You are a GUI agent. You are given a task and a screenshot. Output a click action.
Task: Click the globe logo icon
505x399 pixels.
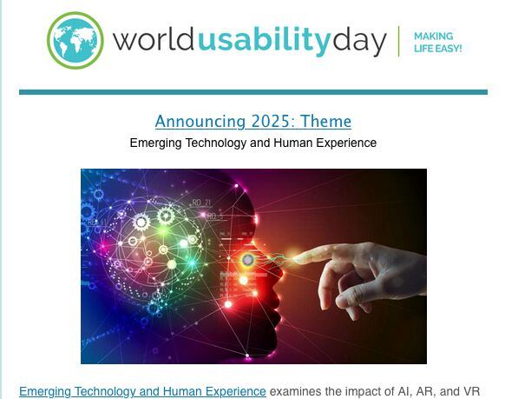(x=75, y=40)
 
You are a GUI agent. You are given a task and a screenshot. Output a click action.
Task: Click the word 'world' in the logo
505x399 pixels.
(x=154, y=40)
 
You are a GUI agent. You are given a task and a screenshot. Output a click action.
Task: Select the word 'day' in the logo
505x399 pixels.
(x=359, y=43)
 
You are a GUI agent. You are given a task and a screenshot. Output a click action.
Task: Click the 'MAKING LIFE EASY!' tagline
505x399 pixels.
(x=437, y=43)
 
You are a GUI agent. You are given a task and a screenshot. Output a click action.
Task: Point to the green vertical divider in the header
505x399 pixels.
(x=399, y=41)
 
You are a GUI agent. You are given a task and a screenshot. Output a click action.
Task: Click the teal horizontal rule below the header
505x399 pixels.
(x=253, y=92)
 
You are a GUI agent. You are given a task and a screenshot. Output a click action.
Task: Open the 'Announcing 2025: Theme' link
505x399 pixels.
(x=252, y=122)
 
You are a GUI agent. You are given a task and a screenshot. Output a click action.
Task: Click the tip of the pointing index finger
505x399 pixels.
(x=294, y=258)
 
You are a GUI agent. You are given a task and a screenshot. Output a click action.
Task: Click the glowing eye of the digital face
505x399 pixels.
(x=247, y=260)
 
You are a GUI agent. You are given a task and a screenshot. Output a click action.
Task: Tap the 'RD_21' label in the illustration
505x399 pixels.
(x=201, y=203)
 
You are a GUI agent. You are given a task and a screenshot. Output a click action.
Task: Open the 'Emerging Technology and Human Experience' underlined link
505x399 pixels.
(x=142, y=391)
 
